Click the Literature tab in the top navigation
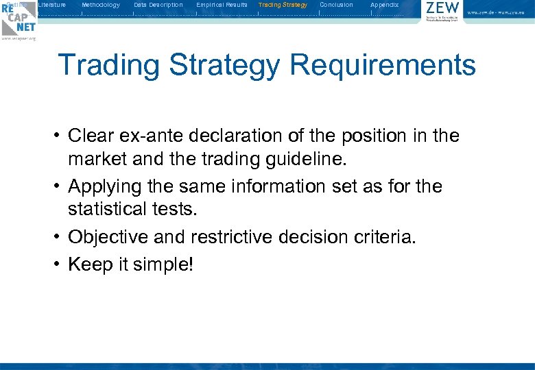point(52,5)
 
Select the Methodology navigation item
point(100,5)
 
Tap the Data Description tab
point(158,5)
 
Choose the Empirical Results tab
point(222,5)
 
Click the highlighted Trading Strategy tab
point(283,5)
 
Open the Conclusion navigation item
point(336,5)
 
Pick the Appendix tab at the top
point(384,5)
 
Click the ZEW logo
point(442,12)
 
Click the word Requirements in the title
point(382,66)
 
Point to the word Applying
point(105,186)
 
